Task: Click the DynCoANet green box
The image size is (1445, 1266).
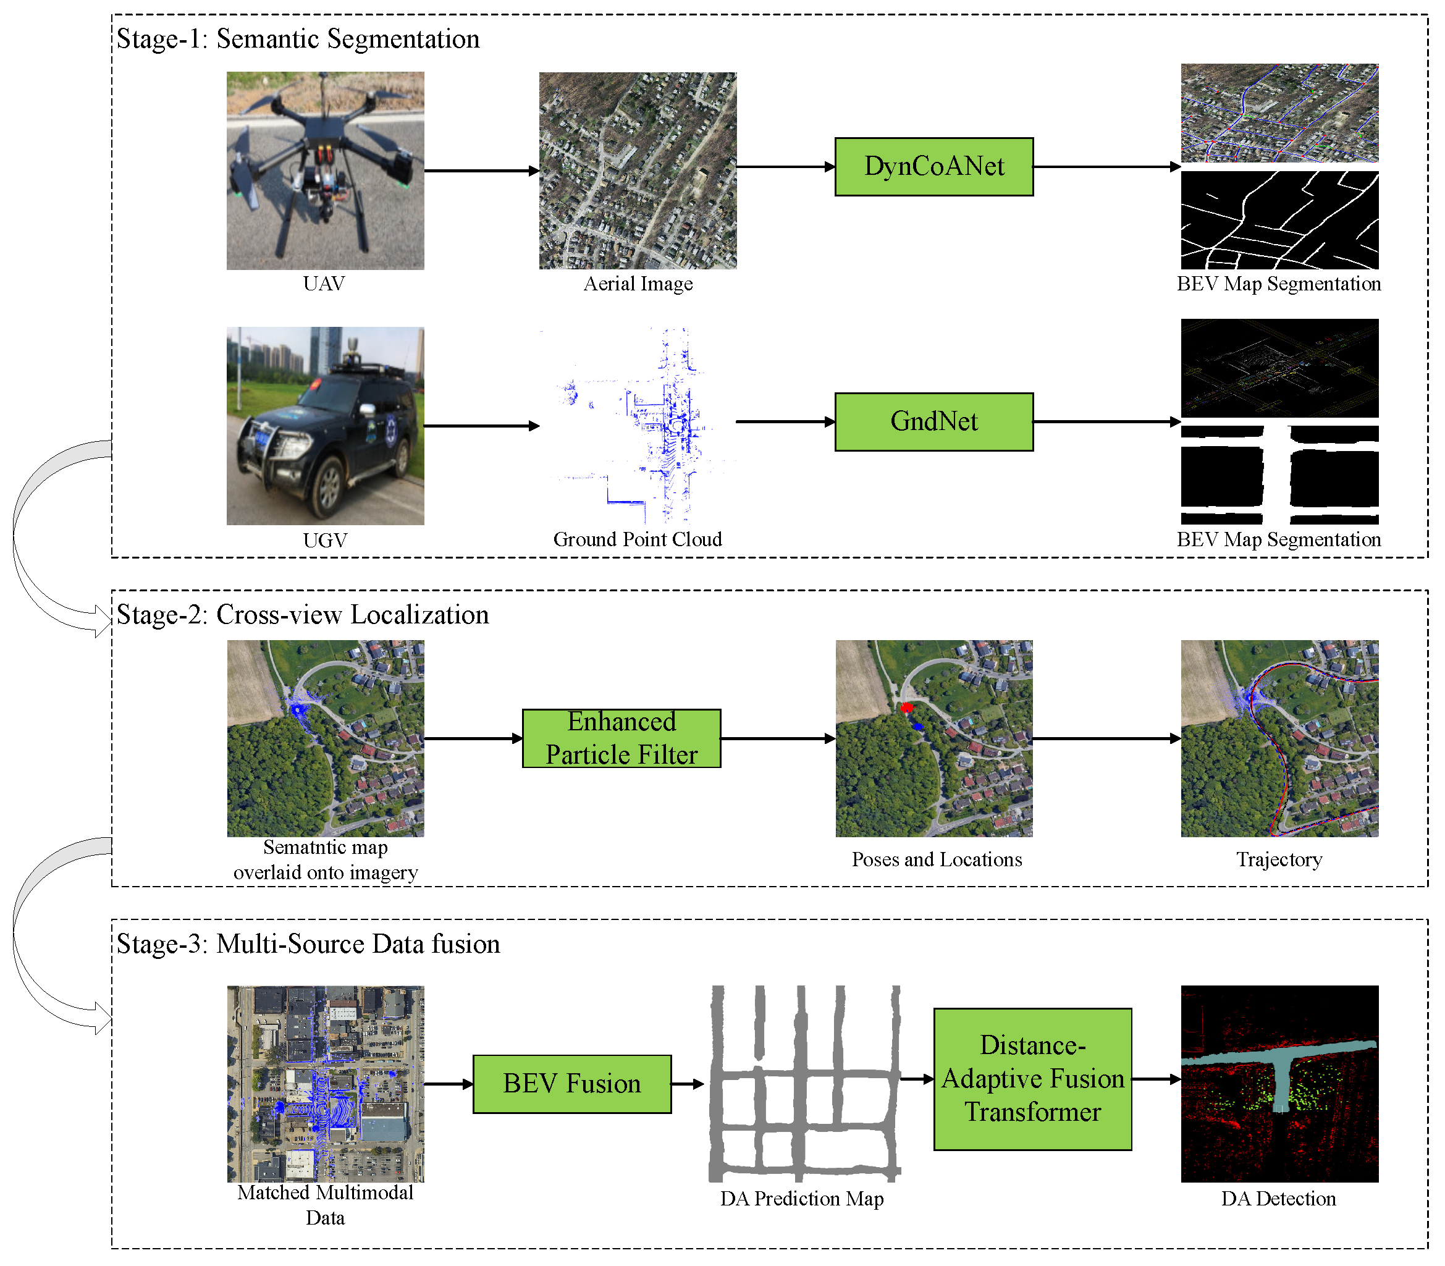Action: pyautogui.click(x=933, y=167)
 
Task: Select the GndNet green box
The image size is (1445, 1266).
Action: pyautogui.click(x=933, y=422)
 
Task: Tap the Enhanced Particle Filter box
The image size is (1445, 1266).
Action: pyautogui.click(x=621, y=738)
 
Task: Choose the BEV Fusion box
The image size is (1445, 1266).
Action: pyautogui.click(x=571, y=1084)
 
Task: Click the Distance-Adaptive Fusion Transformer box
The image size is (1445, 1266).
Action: pyautogui.click(x=1032, y=1079)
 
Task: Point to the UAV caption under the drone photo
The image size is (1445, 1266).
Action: pyautogui.click(x=324, y=284)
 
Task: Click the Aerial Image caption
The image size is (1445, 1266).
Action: pyautogui.click(x=638, y=284)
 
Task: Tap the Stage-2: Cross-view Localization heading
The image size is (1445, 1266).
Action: pyautogui.click(x=302, y=615)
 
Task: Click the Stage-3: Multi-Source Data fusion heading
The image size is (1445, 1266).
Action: pyautogui.click(x=308, y=944)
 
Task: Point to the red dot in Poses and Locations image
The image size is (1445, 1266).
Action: pyautogui.click(x=907, y=707)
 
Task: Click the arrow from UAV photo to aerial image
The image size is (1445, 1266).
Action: pyautogui.click(x=481, y=171)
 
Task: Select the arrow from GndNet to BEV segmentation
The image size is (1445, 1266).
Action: pyautogui.click(x=1106, y=422)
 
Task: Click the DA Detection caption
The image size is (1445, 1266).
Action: pyautogui.click(x=1278, y=1198)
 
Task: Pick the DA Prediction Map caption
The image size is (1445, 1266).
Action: pyautogui.click(x=802, y=1198)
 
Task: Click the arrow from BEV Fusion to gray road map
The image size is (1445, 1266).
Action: pyautogui.click(x=687, y=1084)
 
